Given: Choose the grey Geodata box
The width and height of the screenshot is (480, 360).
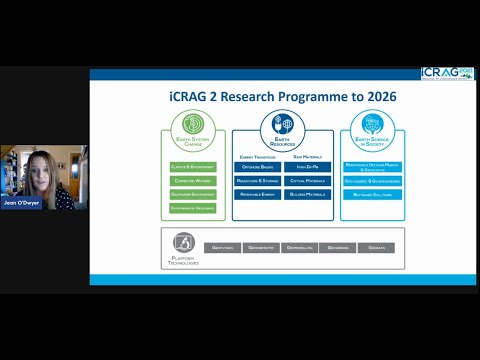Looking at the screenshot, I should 376,247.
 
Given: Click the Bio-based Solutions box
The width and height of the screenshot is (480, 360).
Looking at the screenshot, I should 372,194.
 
